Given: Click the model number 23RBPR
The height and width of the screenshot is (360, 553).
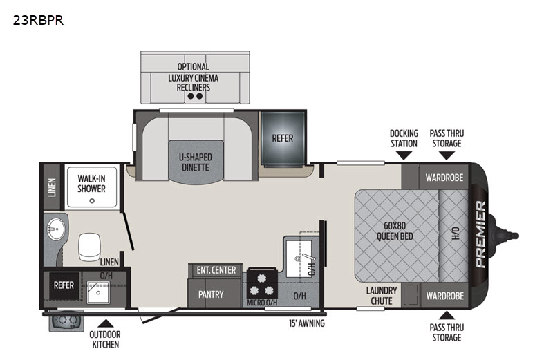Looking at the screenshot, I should point(38,20).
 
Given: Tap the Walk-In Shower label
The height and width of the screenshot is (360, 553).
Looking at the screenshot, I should point(91,183).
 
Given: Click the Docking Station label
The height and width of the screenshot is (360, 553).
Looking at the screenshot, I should point(404,138).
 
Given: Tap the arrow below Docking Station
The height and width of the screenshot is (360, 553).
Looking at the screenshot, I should point(404,156).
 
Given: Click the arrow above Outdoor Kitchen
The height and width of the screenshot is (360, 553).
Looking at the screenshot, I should point(105,322).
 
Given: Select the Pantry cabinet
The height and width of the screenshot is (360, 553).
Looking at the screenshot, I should point(211,294).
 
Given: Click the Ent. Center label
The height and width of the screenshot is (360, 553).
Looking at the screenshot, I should point(216,270).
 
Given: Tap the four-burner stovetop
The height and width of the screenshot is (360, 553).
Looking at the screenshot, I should point(262,283).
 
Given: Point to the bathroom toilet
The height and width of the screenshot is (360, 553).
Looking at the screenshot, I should point(90,247).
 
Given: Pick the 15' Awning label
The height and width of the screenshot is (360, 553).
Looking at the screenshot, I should point(307,323).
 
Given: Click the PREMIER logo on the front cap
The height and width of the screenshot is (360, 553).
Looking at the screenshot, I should point(480,234).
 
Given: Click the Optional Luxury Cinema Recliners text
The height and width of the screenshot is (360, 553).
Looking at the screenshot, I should point(193,77).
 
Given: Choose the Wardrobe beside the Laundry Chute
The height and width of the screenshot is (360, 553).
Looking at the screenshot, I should point(444,295).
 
